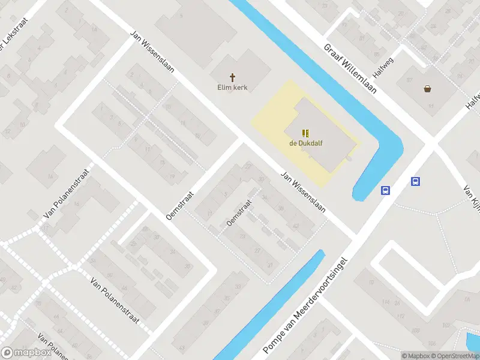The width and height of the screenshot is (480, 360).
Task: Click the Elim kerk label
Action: point(232,87)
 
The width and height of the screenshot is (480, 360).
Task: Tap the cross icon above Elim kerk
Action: point(232,77)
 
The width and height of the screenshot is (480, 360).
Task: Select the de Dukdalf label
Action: point(305,143)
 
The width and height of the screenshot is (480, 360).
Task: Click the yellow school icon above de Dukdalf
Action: point(305,133)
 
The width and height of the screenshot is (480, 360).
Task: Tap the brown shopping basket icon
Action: point(427,89)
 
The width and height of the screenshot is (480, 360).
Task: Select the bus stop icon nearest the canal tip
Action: point(385,191)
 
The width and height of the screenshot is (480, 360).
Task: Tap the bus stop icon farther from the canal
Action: point(415,181)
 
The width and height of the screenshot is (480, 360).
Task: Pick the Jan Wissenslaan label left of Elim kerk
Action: point(153,52)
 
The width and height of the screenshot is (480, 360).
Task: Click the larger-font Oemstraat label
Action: point(181,205)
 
